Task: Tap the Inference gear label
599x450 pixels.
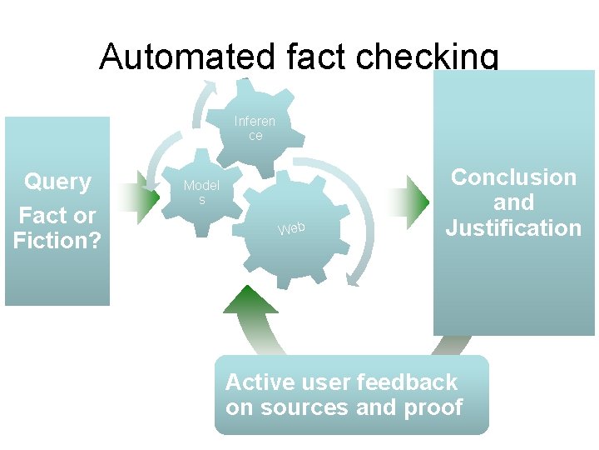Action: tap(255, 127)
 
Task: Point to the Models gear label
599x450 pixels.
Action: tap(201, 192)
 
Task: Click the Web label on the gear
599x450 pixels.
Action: tap(292, 227)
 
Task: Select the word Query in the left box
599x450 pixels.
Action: tap(57, 181)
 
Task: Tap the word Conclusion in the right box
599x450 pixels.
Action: tap(513, 177)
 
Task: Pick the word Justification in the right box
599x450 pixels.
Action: tap(513, 227)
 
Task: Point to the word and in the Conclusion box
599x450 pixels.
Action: tap(513, 202)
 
